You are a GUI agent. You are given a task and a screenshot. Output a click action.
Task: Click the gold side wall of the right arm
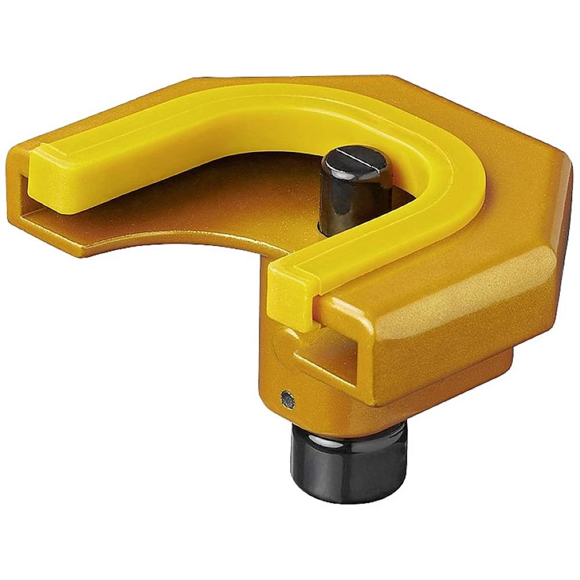452,348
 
